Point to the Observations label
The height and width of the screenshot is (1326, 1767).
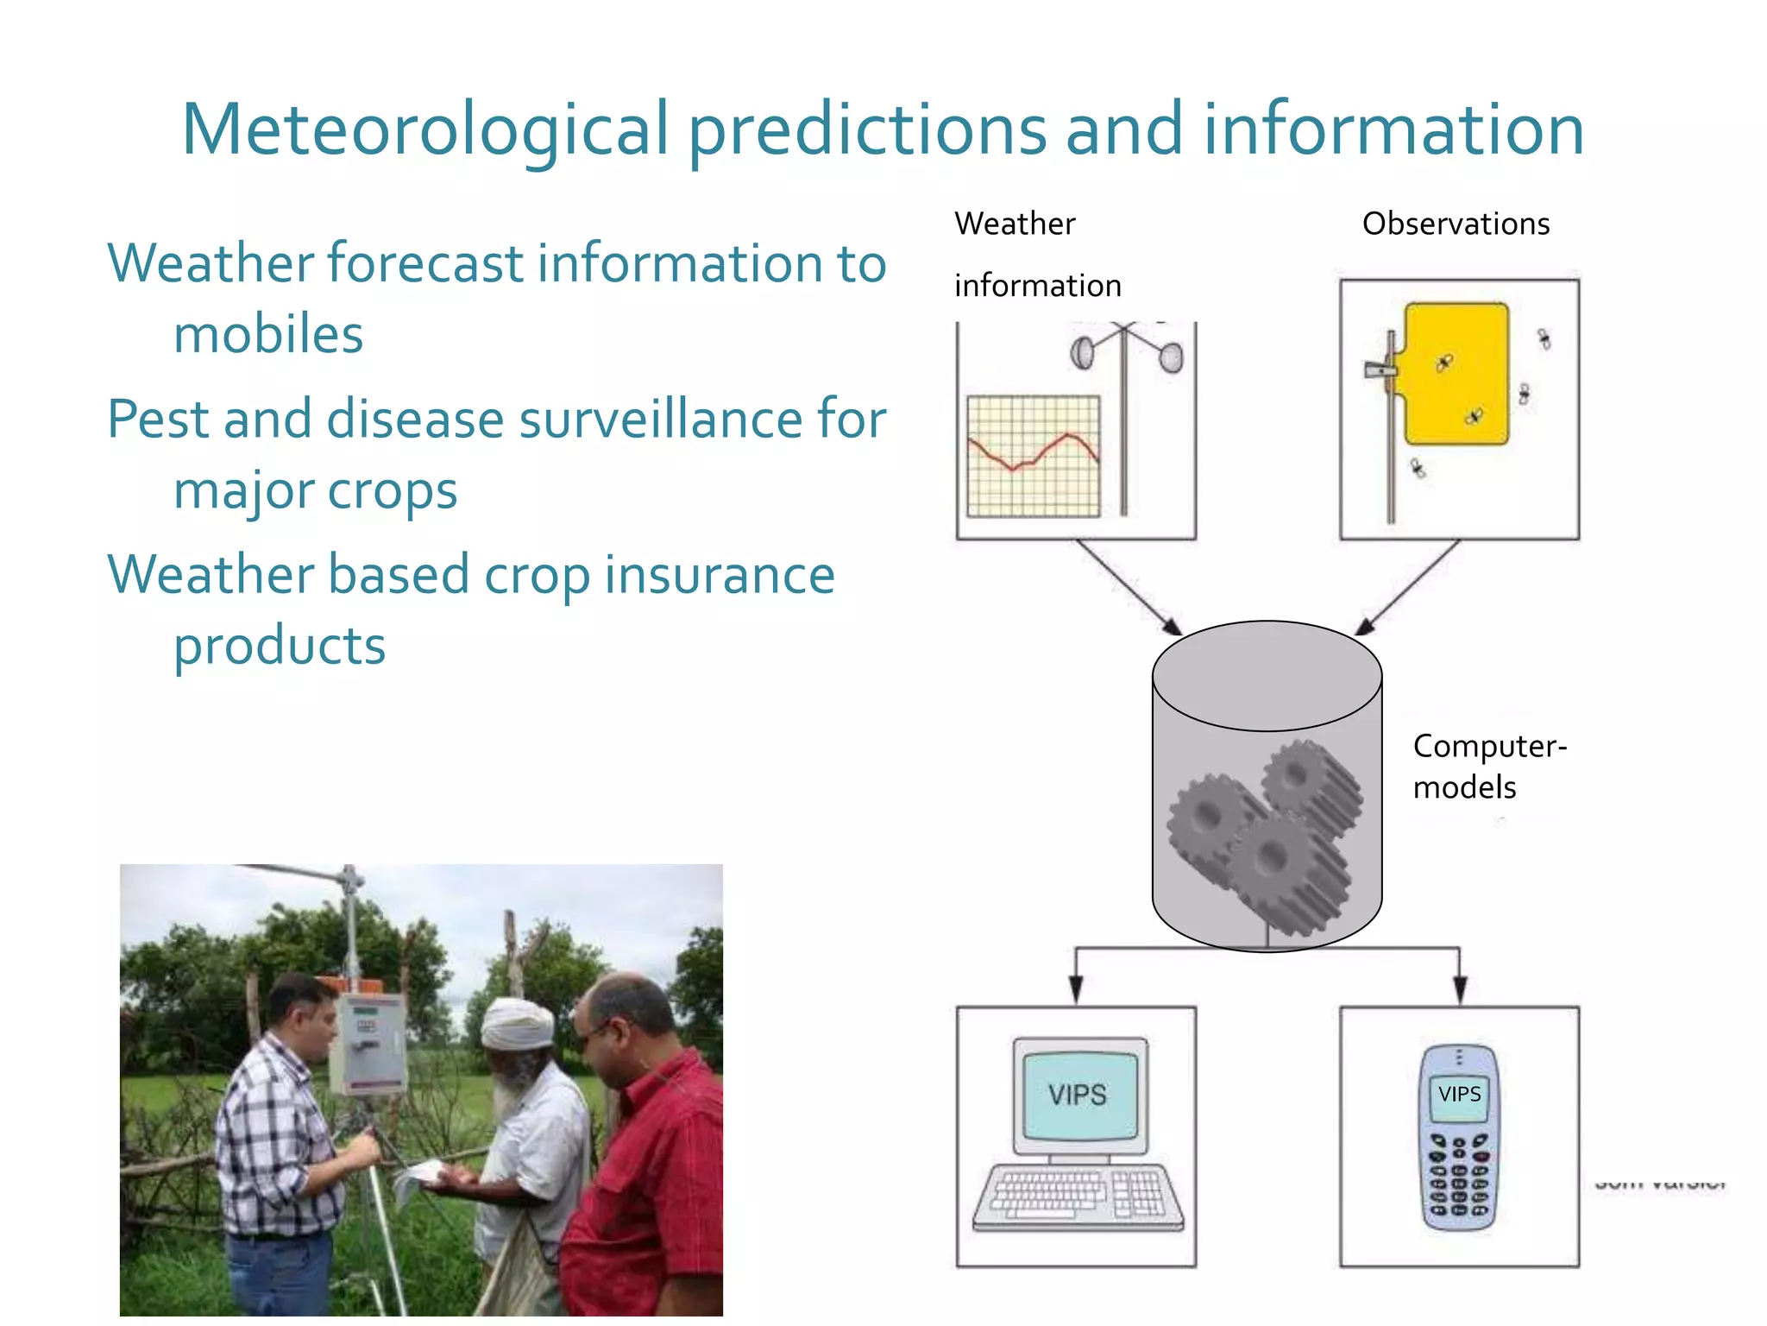(x=1456, y=224)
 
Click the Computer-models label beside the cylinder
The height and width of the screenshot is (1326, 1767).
(x=1488, y=766)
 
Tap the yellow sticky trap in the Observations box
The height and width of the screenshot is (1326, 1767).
(x=1456, y=373)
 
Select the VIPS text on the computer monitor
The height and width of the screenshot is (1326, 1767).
(x=1077, y=1095)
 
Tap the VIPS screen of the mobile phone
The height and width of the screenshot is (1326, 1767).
(x=1459, y=1095)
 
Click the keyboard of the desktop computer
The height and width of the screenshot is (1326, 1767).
(x=1078, y=1196)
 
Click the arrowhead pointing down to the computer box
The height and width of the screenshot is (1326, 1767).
(x=1076, y=989)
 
